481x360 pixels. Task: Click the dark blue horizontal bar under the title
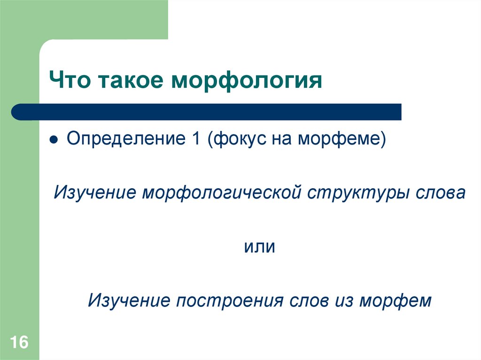(x=207, y=112)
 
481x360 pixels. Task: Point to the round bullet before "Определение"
(x=54, y=140)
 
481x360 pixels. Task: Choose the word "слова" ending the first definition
(x=441, y=193)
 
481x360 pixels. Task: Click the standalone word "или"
(x=259, y=246)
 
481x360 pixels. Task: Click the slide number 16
(x=19, y=342)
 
